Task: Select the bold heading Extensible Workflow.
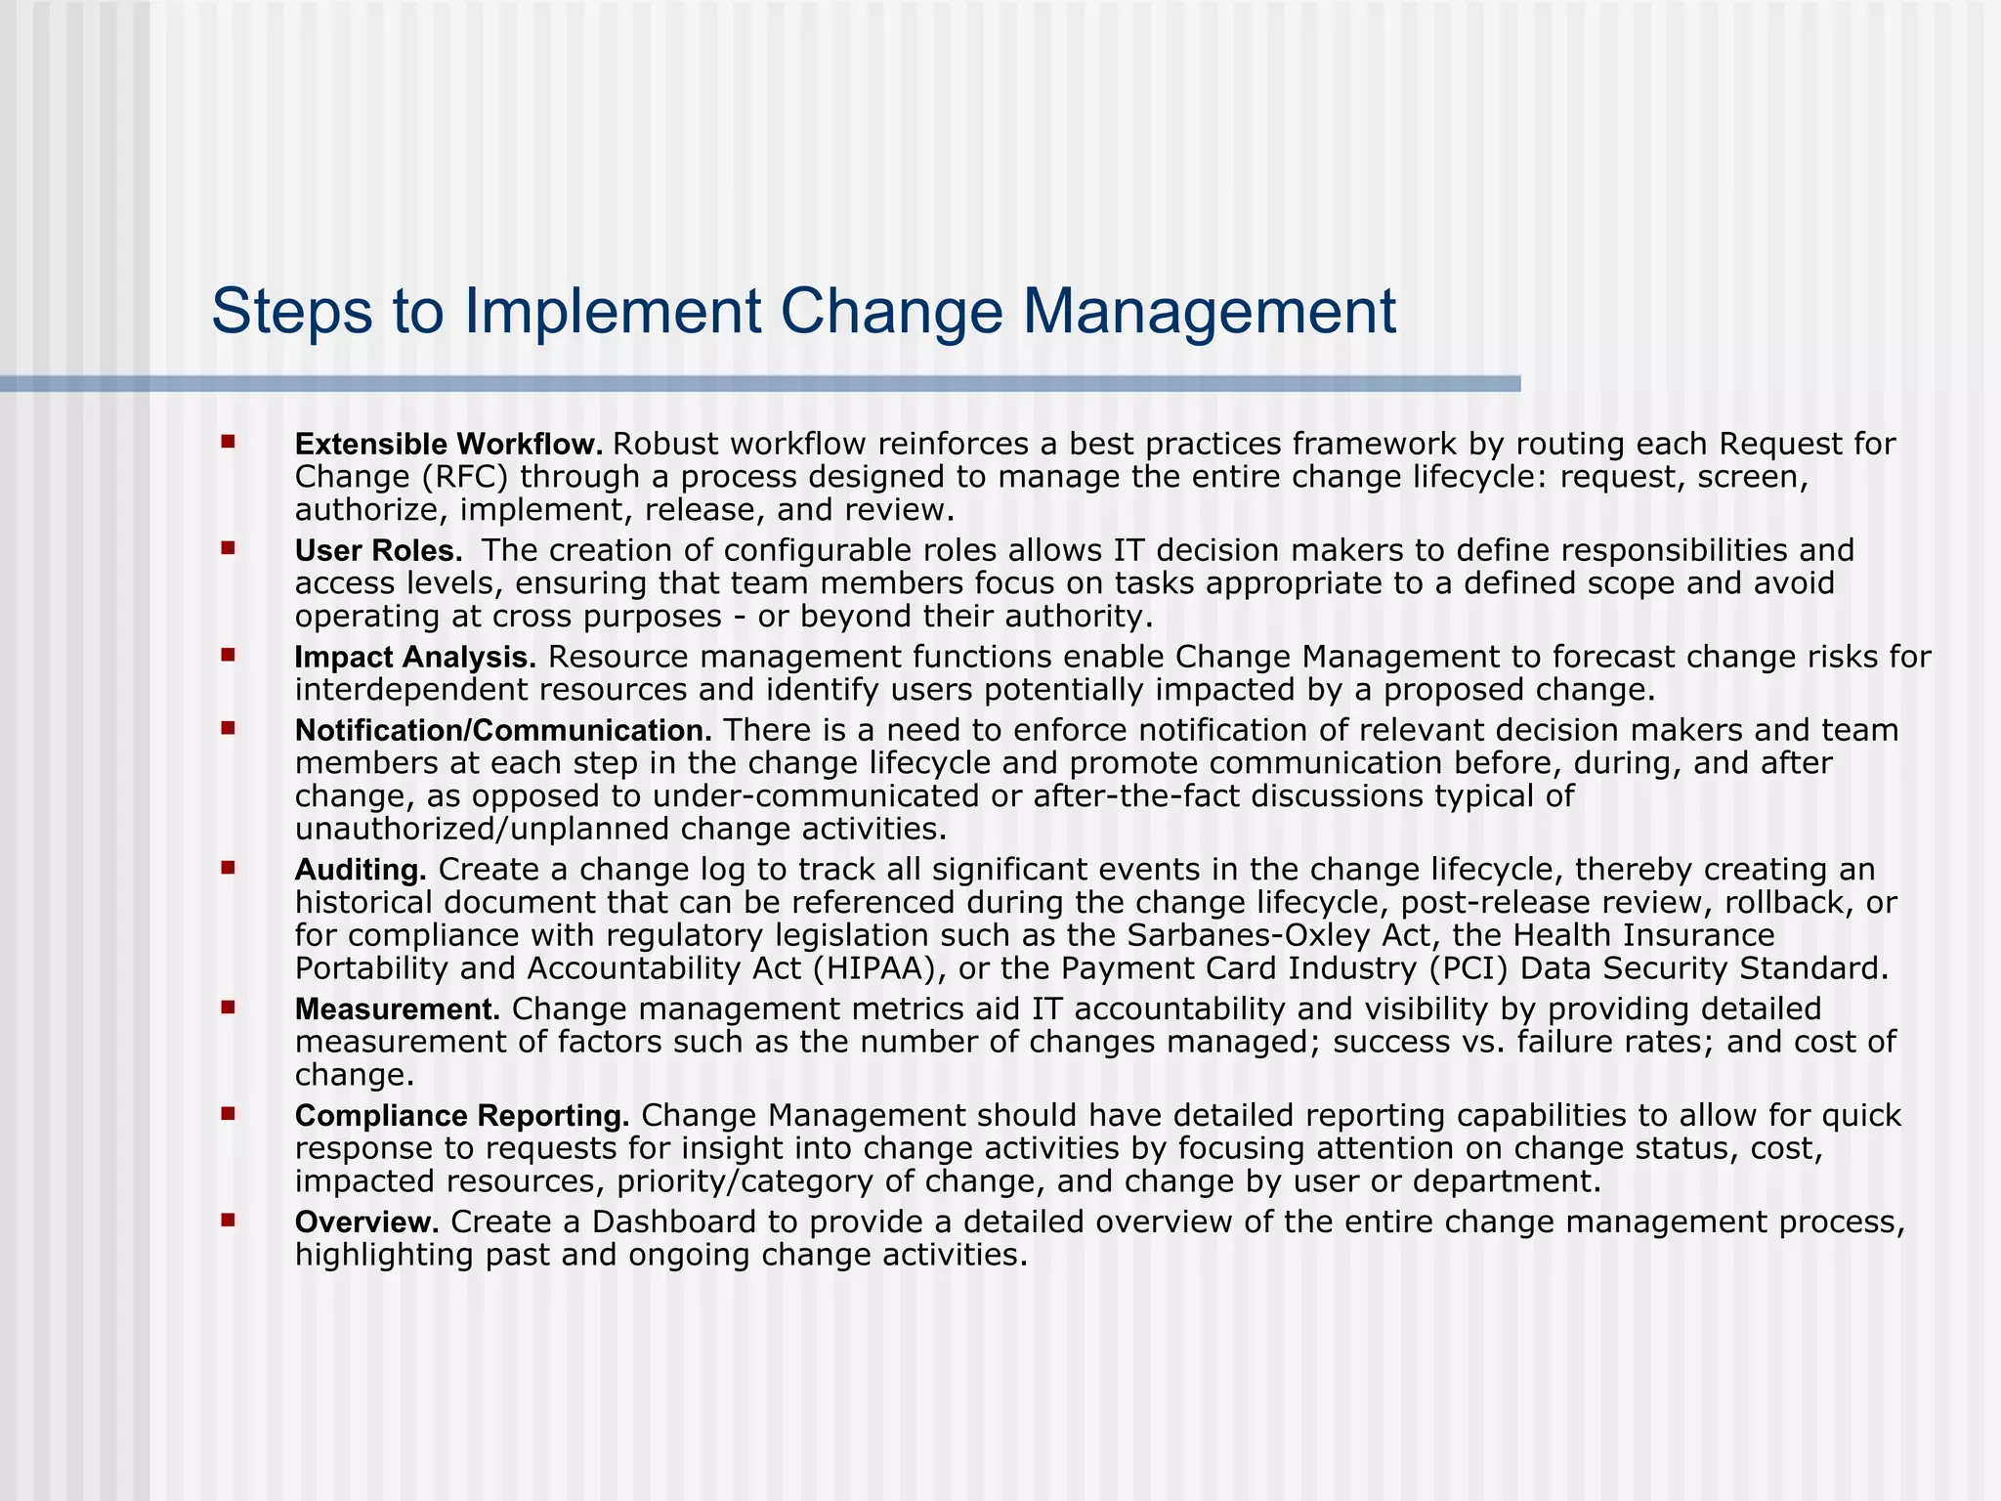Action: [448, 445]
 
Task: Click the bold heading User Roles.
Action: [378, 551]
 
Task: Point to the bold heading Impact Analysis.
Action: [415, 658]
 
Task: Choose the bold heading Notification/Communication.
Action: [503, 731]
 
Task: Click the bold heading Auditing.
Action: [361, 870]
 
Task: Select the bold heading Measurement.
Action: [398, 1009]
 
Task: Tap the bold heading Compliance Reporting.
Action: [462, 1116]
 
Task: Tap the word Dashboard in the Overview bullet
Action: [674, 1222]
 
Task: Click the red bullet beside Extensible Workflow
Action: [229, 443]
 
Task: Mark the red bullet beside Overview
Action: [229, 1220]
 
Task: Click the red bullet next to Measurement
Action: [229, 1007]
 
